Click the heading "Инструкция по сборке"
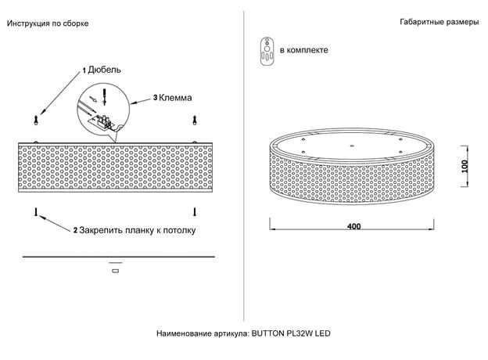pos(48,23)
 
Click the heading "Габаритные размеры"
pos(440,22)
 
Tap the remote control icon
pos(267,52)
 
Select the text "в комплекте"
pos(303,50)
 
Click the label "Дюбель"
pos(104,70)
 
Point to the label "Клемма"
pos(175,98)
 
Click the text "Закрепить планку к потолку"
pos(138,230)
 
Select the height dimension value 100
pos(465,166)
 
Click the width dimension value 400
pos(353,226)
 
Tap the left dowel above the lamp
pos(36,121)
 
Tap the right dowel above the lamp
pos(195,121)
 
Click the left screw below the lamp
pos(36,212)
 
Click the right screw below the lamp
pos(195,212)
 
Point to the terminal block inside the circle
pos(102,122)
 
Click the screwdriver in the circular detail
pos(104,96)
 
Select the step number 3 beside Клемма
pos(155,98)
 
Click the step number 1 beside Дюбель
pos(84,71)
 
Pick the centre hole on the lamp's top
pos(352,145)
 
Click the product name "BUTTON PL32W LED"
pos(291,333)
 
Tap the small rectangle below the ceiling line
pos(115,271)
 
